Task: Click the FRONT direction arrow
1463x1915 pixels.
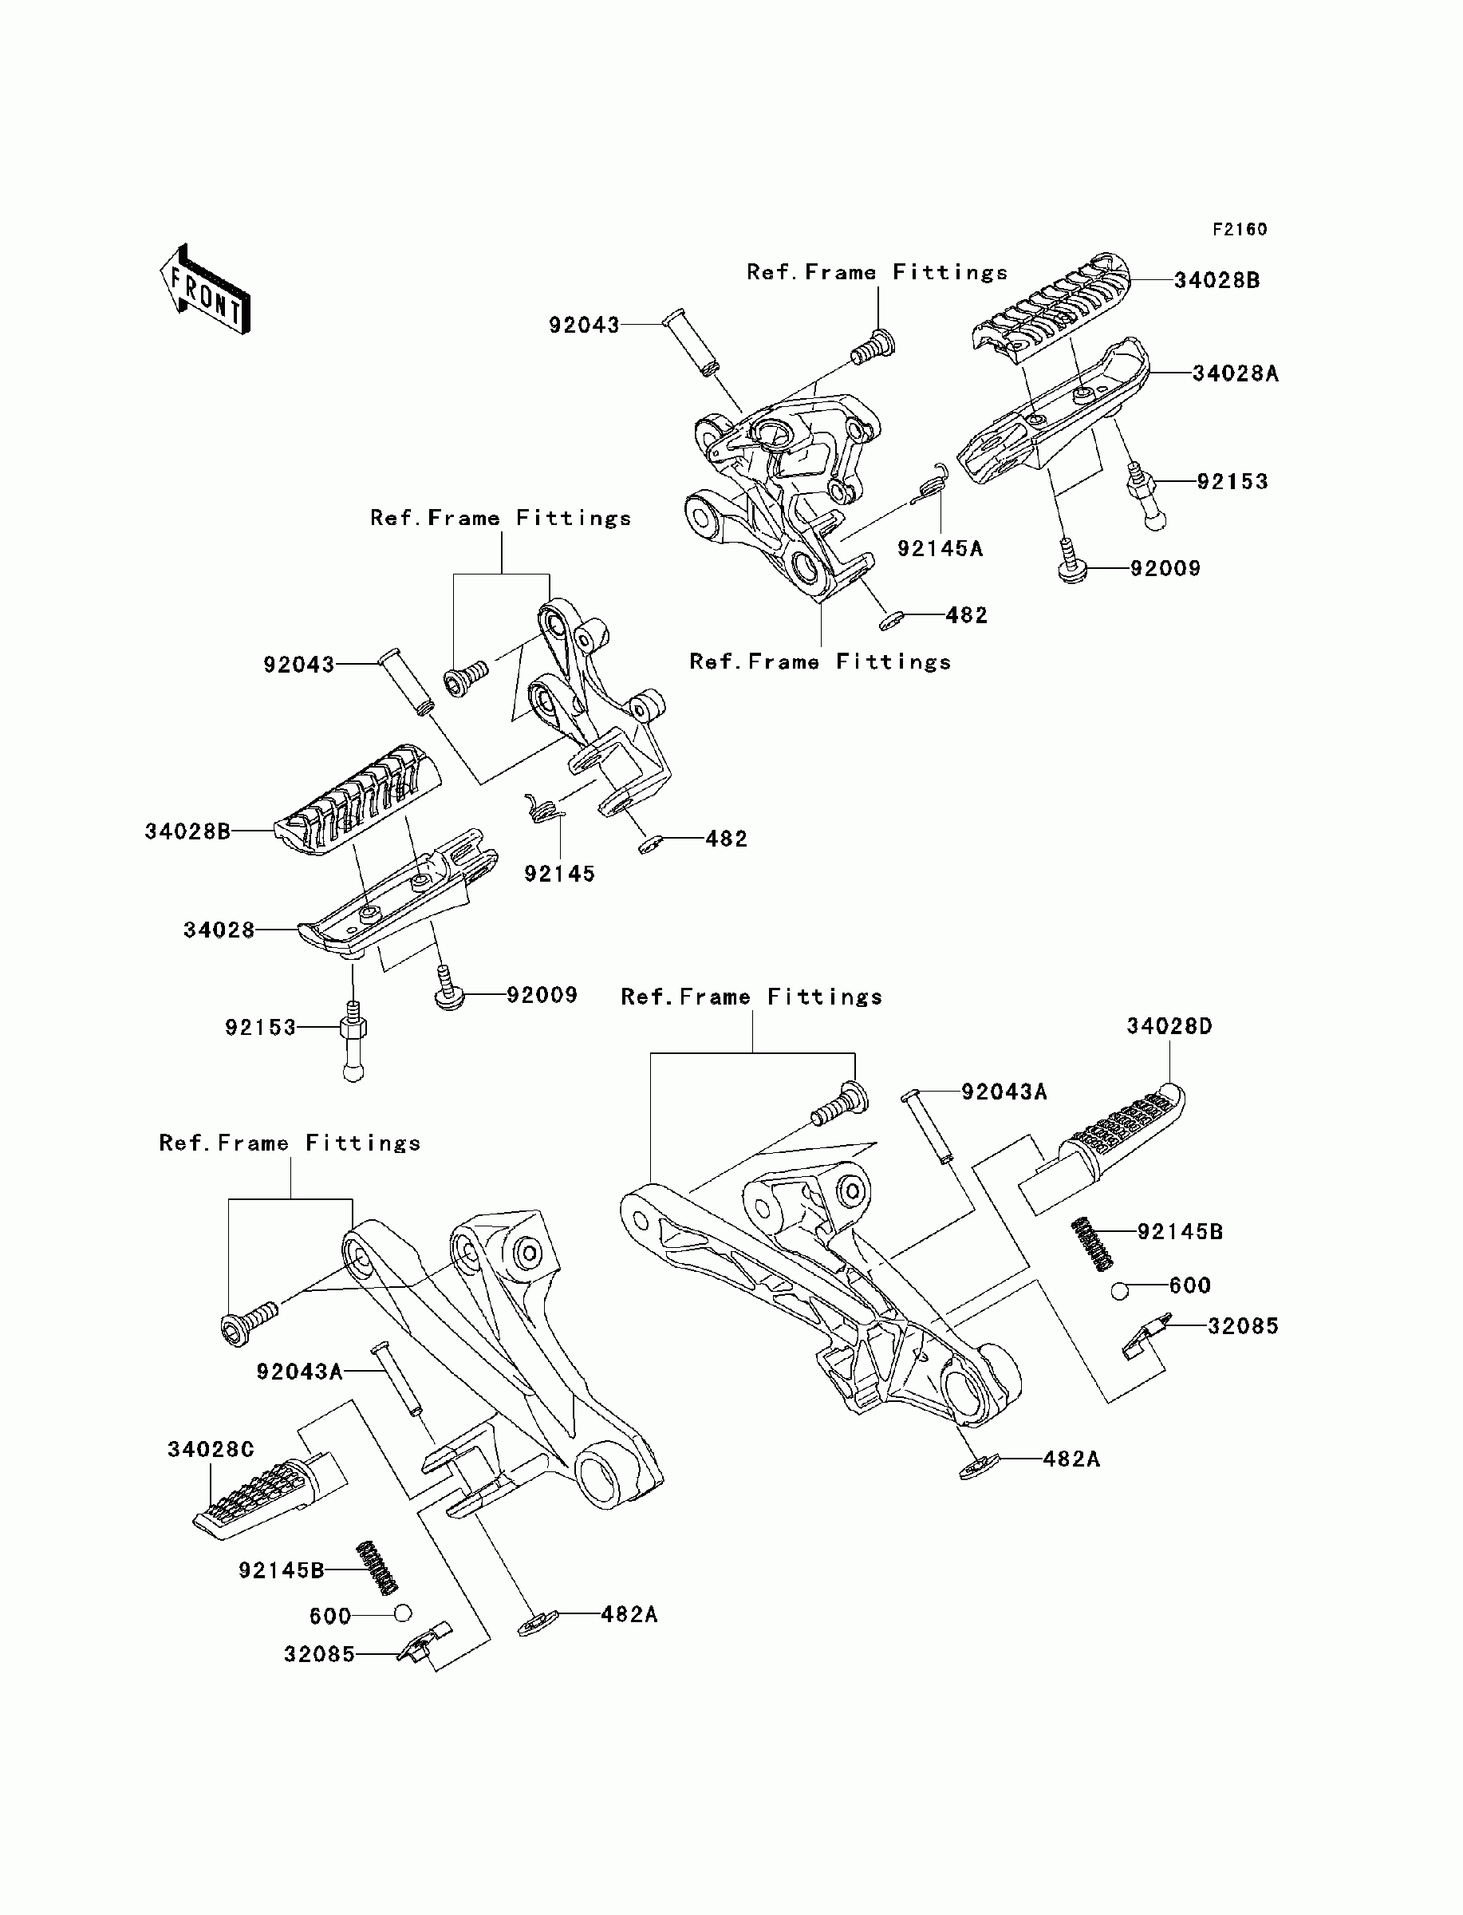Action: pyautogui.click(x=206, y=290)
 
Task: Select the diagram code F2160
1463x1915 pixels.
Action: pyautogui.click(x=1240, y=229)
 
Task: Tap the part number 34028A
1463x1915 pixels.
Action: pyautogui.click(x=1235, y=373)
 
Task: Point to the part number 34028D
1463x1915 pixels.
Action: pyautogui.click(x=1169, y=1026)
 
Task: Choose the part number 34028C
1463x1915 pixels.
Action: pyautogui.click(x=211, y=1449)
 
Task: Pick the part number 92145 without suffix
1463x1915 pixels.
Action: pyautogui.click(x=559, y=874)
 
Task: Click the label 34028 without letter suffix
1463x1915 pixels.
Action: pyautogui.click(x=219, y=930)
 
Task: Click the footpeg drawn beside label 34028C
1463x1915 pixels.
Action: pyautogui.click(x=269, y=1494)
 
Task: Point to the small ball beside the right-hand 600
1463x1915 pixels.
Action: pyautogui.click(x=1120, y=1292)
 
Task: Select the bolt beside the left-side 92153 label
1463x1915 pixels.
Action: pyautogui.click(x=353, y=1040)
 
